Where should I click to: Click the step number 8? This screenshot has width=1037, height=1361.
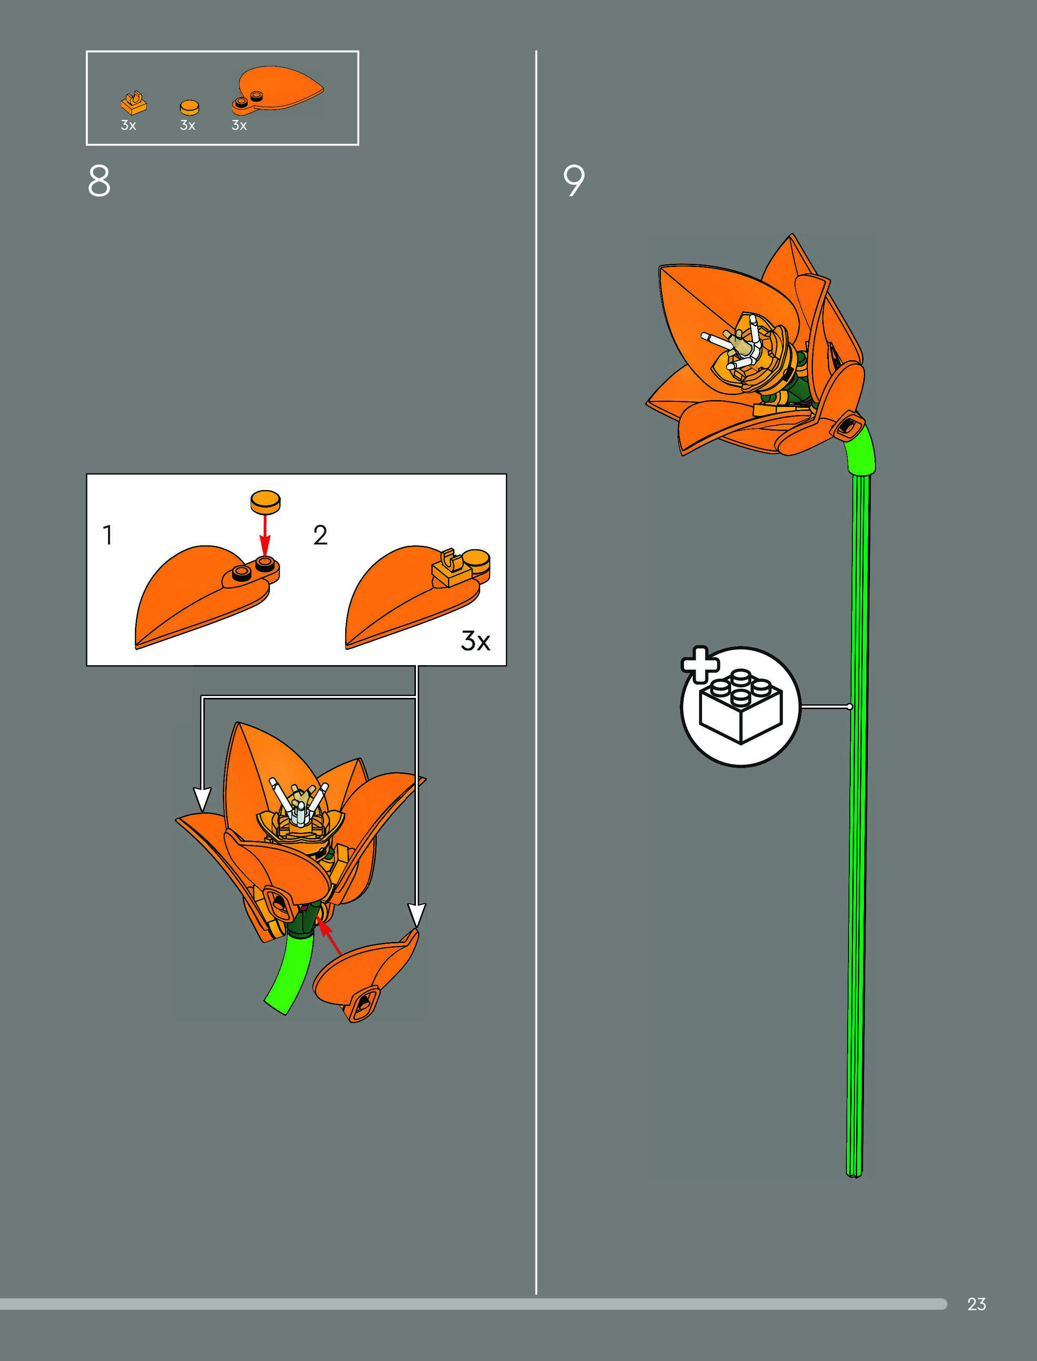(x=99, y=181)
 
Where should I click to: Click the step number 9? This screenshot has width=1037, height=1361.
(x=574, y=181)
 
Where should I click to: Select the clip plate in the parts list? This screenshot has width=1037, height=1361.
(x=133, y=103)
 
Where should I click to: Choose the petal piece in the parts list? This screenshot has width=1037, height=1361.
(x=278, y=90)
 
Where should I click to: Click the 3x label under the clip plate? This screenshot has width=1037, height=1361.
(x=129, y=125)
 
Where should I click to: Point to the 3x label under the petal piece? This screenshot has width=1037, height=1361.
(x=239, y=125)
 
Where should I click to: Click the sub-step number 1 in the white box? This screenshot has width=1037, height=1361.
(x=108, y=535)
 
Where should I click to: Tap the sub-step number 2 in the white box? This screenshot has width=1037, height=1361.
(x=320, y=535)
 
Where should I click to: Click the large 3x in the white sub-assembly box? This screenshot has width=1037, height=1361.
(x=475, y=641)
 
